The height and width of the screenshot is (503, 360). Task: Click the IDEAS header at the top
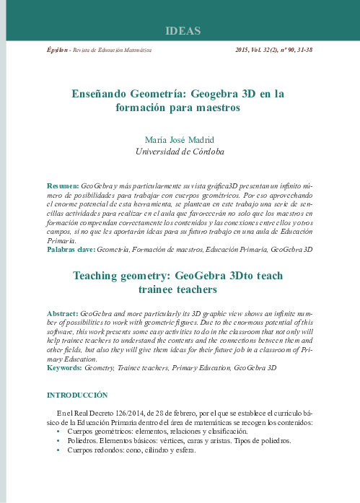click(183, 32)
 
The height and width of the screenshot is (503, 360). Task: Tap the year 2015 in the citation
click(245, 52)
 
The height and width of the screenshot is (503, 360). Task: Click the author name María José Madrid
click(180, 139)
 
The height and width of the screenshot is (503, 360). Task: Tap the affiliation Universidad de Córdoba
click(180, 152)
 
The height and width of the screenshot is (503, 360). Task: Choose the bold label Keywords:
click(64, 368)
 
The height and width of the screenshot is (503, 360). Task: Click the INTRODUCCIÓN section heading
click(77, 395)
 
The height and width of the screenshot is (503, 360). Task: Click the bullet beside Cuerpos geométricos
click(58, 431)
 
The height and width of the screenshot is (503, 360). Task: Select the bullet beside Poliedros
click(58, 439)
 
